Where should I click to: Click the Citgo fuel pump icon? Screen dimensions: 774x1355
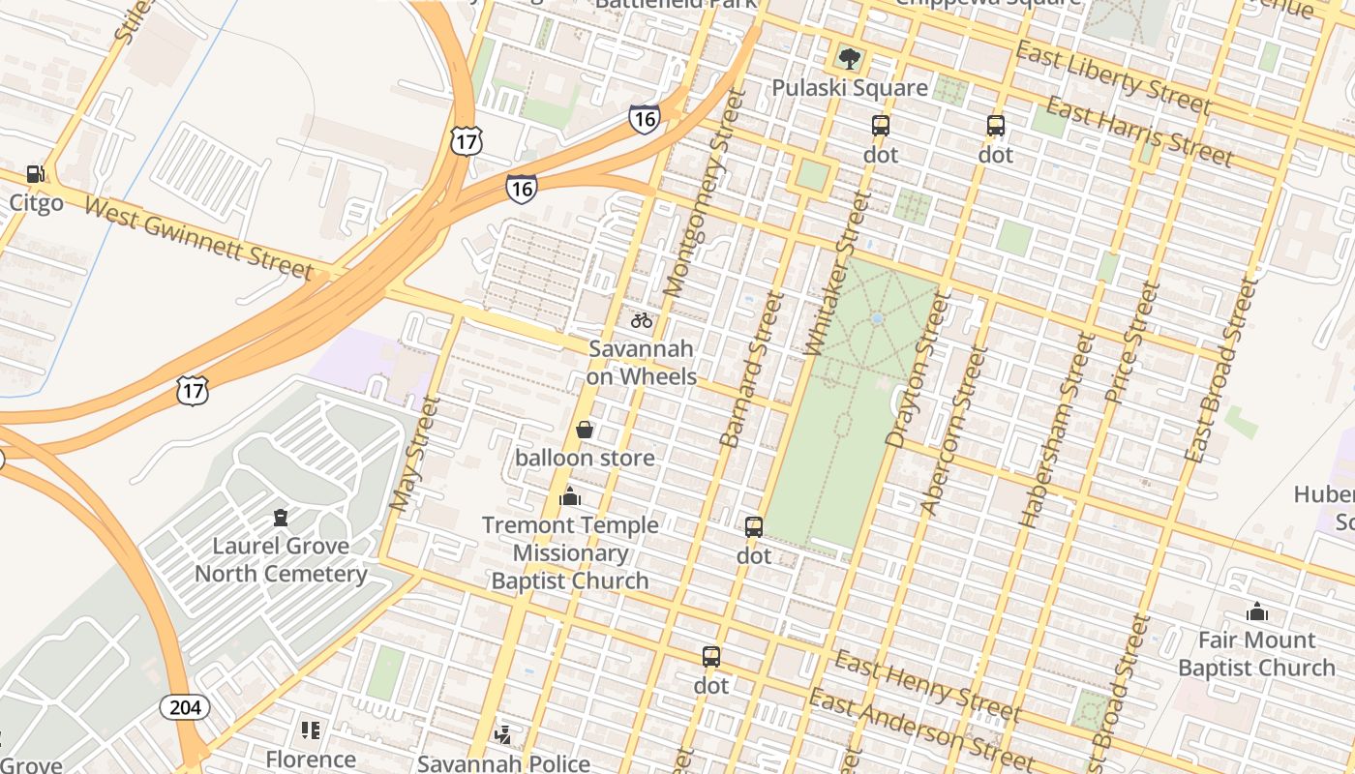36,174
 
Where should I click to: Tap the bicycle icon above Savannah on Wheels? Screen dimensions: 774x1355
642,320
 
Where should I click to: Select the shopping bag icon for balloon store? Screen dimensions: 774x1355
585,430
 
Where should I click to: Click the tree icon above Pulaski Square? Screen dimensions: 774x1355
850,59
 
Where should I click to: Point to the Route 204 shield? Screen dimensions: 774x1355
184,707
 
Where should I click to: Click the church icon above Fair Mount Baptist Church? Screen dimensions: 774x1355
1257,611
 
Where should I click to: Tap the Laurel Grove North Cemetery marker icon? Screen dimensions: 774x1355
281,518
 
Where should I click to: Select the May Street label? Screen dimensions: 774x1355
414,453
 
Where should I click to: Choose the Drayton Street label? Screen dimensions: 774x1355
915,372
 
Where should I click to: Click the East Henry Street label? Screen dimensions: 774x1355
926,688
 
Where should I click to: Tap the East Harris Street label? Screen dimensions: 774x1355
1138,132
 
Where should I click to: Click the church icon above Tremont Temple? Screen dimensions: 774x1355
570,497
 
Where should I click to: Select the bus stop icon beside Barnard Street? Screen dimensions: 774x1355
754,527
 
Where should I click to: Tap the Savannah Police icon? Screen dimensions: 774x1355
503,735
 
